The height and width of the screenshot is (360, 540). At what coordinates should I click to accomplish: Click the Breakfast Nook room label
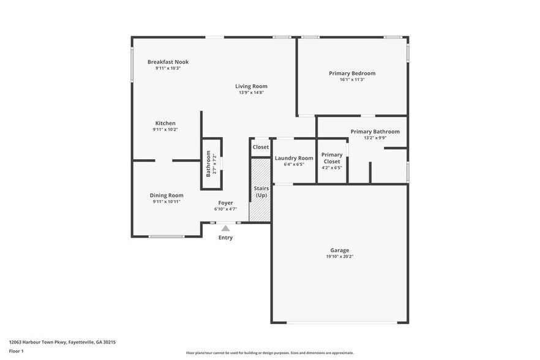[168, 62]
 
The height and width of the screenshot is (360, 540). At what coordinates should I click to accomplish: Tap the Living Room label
[251, 86]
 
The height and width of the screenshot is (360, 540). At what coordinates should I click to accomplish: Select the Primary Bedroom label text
[351, 73]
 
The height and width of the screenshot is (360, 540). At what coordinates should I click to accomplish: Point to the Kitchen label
[165, 123]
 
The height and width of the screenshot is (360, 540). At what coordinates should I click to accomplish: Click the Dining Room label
[167, 195]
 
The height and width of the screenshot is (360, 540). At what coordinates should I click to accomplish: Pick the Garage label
[340, 250]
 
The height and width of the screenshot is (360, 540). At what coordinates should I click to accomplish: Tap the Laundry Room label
[294, 158]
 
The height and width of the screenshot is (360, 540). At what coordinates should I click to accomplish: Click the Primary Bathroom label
[375, 132]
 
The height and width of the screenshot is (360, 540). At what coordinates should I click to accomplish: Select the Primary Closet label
[332, 158]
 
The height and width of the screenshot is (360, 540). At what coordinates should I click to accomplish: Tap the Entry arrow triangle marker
[225, 228]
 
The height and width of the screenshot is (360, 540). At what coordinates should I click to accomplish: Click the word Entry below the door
[225, 238]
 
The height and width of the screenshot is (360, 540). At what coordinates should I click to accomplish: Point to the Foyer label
[225, 203]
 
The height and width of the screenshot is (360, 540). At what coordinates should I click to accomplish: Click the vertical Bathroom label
[208, 163]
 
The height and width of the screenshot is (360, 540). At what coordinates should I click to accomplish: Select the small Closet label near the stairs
[261, 147]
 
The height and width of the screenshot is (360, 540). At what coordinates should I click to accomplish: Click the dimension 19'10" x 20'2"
[340, 257]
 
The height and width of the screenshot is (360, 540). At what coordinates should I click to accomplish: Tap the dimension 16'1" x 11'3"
[351, 80]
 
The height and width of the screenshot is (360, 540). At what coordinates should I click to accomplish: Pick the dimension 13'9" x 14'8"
[251, 92]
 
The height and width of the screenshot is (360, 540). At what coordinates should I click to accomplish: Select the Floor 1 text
[16, 351]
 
